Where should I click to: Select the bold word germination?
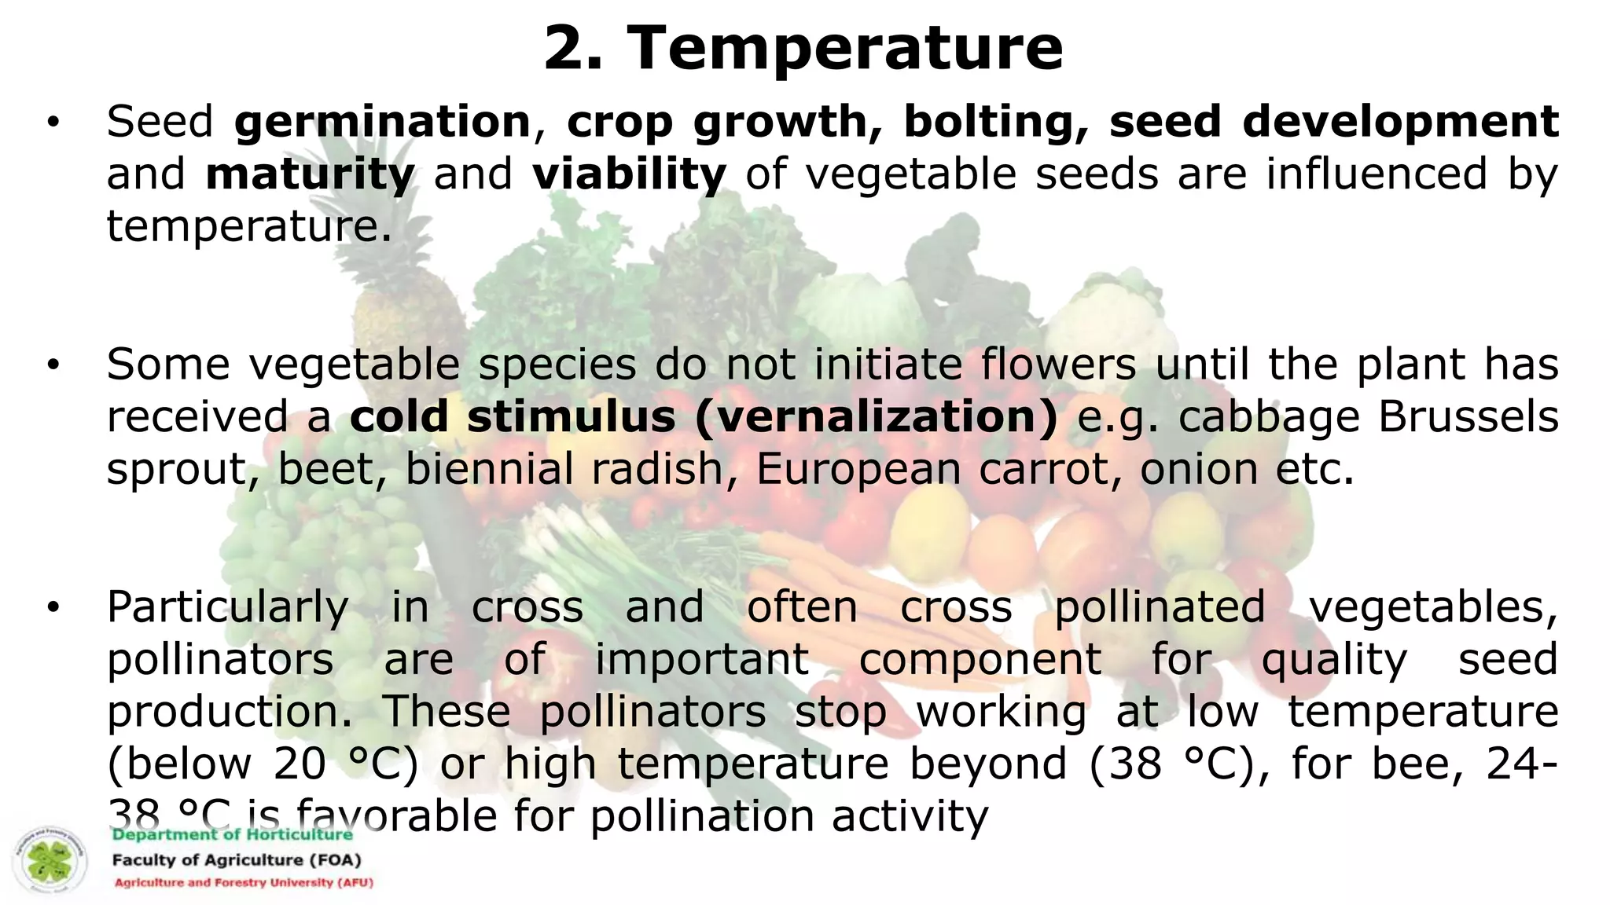(x=383, y=123)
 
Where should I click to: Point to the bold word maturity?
(x=310, y=174)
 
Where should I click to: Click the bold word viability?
(x=629, y=174)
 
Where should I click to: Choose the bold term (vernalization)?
(x=877, y=416)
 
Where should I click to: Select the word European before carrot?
(x=858, y=469)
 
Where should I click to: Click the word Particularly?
(x=228, y=607)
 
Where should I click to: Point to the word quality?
(x=1334, y=660)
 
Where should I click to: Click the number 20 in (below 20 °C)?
(x=300, y=764)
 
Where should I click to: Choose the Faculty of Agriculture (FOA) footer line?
(x=237, y=860)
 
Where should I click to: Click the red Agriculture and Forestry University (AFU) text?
(x=244, y=883)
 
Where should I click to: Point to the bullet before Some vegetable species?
(x=53, y=365)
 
